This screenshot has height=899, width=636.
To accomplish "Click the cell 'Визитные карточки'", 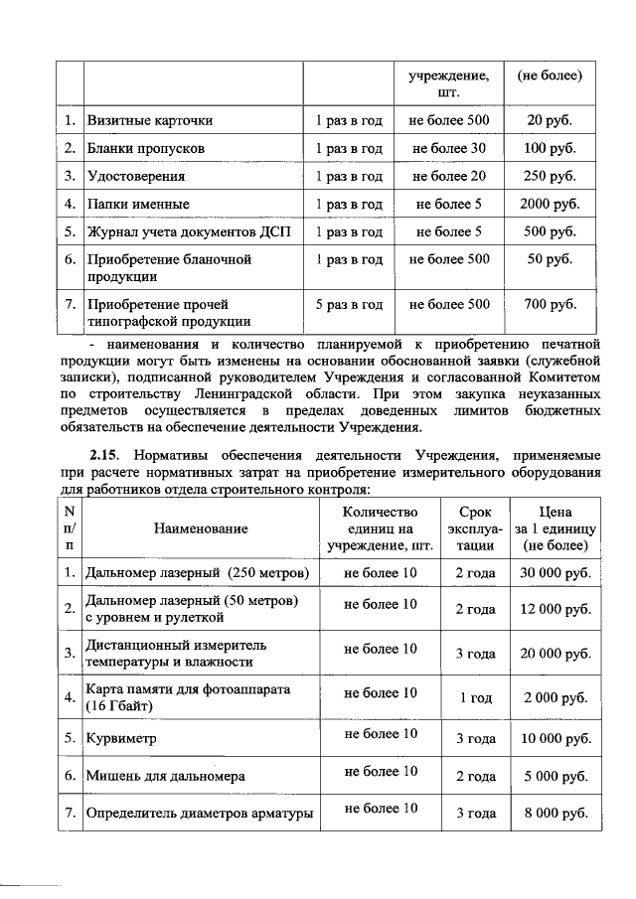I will [x=149, y=121].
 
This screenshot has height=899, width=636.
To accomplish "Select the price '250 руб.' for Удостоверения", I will [x=550, y=177].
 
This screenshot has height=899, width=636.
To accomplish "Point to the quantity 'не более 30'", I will [x=449, y=149].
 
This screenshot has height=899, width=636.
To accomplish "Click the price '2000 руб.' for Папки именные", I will [x=550, y=205].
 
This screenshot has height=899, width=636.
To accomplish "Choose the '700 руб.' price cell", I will [x=550, y=304].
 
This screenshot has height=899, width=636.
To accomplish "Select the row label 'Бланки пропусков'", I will [x=146, y=149].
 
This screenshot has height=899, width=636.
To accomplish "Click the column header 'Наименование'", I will [x=201, y=530].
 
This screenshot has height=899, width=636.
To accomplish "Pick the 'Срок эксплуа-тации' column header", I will [x=475, y=529].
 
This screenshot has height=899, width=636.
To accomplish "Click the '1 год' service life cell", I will [x=475, y=698].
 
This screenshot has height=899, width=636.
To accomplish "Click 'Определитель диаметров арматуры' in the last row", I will [x=201, y=814].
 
